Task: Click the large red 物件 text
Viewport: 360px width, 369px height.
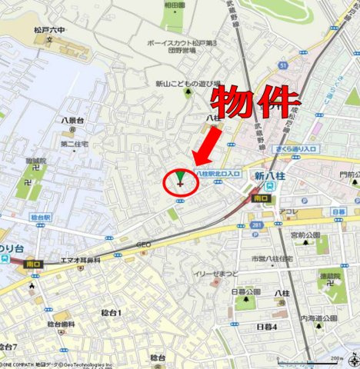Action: point(255,101)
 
